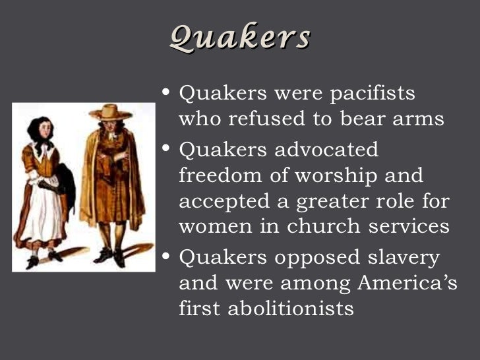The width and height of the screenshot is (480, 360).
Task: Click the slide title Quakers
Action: click(239, 38)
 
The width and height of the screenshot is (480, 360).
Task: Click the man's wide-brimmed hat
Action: click(110, 113)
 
